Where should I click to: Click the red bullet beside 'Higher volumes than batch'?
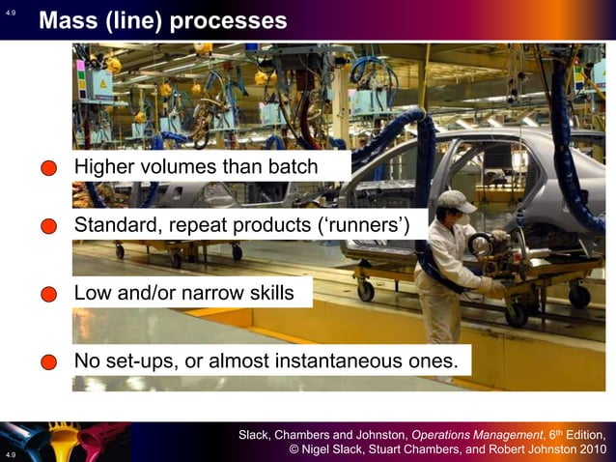[x=50, y=169]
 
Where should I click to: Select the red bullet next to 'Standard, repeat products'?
[x=50, y=228]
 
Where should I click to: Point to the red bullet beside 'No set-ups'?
[x=50, y=362]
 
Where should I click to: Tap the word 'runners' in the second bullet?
[x=371, y=227]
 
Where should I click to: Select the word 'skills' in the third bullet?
[x=269, y=292]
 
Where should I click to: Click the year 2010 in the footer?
[x=591, y=449]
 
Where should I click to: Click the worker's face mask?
[x=464, y=218]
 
